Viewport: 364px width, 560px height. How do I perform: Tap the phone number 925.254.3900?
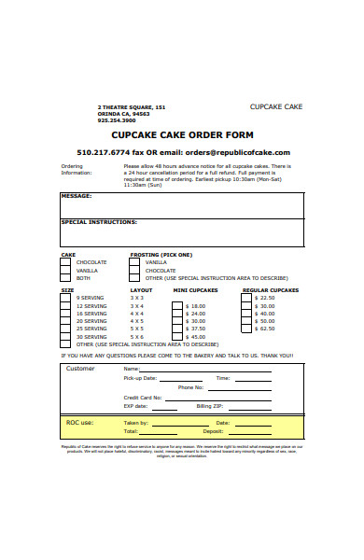(x=117, y=120)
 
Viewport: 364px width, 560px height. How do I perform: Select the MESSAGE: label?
(x=77, y=196)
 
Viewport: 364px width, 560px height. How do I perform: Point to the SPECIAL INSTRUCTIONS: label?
(x=99, y=222)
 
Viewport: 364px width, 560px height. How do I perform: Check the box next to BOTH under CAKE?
(x=65, y=278)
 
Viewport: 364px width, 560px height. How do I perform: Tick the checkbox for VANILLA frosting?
(x=136, y=262)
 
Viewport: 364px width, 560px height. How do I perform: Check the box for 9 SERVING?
(x=65, y=298)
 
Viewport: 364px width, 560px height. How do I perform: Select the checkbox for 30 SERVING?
(x=65, y=336)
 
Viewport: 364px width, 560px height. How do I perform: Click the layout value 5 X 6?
(x=136, y=336)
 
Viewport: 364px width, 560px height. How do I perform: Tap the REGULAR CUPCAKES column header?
(x=271, y=290)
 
